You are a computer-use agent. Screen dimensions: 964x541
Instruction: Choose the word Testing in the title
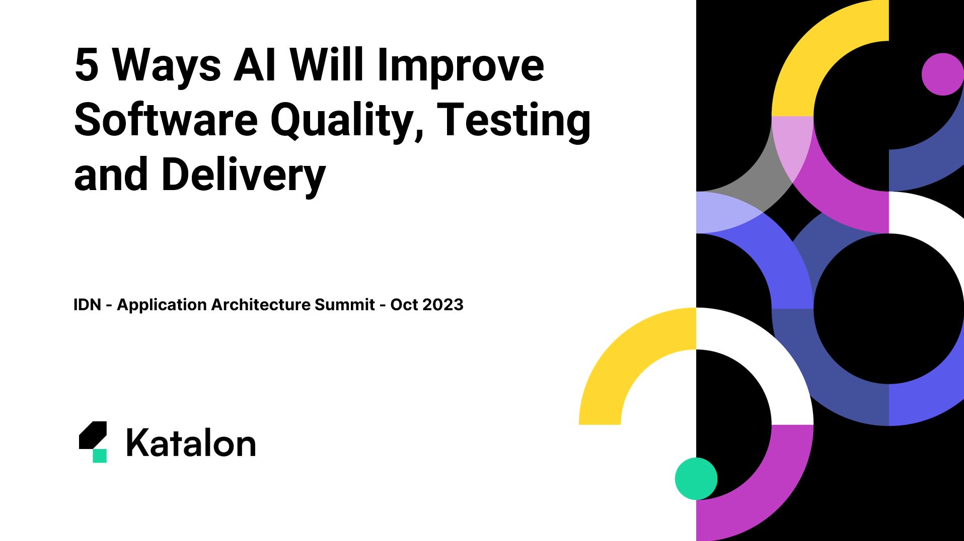click(x=514, y=123)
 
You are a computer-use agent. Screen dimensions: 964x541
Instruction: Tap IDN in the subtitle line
click(x=88, y=305)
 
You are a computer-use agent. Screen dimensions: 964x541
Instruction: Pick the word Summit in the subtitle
click(x=345, y=305)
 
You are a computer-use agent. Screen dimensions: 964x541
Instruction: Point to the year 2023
click(x=442, y=305)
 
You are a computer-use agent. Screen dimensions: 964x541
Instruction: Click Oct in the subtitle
click(x=404, y=305)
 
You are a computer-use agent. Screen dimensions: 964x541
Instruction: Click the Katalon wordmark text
click(x=191, y=443)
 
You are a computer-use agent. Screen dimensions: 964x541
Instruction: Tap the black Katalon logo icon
click(x=93, y=435)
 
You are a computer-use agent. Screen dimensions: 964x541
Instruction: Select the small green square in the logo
click(x=100, y=456)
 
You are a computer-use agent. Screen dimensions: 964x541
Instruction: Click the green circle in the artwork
click(x=696, y=479)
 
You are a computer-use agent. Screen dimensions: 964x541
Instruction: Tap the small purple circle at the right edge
click(x=943, y=74)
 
